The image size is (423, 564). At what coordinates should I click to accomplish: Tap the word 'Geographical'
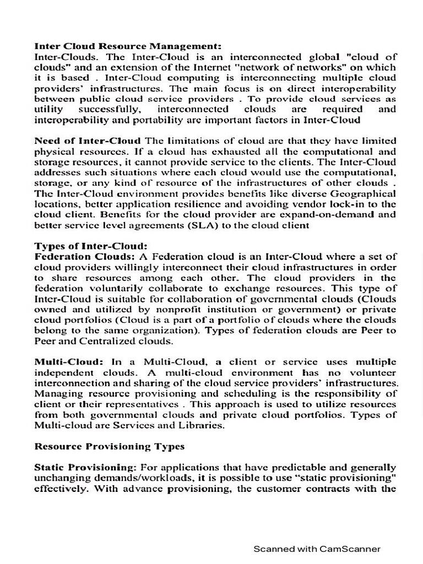click(x=362, y=193)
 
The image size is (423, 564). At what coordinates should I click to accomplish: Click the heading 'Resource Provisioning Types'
click(x=110, y=446)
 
